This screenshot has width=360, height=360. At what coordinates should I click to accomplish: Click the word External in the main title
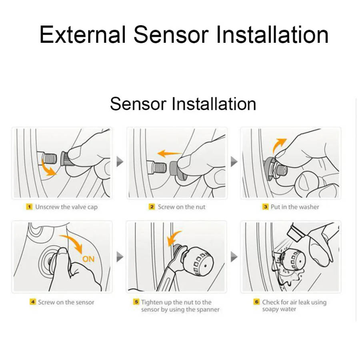click(x=82, y=34)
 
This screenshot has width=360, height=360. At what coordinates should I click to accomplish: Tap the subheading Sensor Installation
click(x=183, y=104)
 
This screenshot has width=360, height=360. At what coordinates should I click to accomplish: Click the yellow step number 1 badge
click(x=29, y=207)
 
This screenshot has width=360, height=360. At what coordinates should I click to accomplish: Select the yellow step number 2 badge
click(x=152, y=207)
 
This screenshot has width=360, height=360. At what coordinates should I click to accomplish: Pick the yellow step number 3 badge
click(x=266, y=207)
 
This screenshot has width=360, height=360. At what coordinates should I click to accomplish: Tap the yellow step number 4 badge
click(x=33, y=302)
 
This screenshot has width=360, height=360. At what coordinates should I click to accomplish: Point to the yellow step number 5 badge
click(x=136, y=302)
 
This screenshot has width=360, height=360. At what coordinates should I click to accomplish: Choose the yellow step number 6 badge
click(x=257, y=302)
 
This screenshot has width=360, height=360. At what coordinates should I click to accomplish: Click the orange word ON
click(x=88, y=259)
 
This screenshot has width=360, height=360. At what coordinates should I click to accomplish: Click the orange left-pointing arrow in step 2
click(x=170, y=153)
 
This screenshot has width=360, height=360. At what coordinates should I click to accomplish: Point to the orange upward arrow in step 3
click(x=278, y=146)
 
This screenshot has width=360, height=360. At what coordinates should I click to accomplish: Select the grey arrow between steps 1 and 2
click(x=120, y=162)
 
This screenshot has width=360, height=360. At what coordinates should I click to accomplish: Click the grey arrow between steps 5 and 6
click(x=234, y=256)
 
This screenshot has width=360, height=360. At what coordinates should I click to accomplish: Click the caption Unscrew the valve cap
click(x=66, y=207)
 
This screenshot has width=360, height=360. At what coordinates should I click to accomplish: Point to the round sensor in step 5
click(x=198, y=262)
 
